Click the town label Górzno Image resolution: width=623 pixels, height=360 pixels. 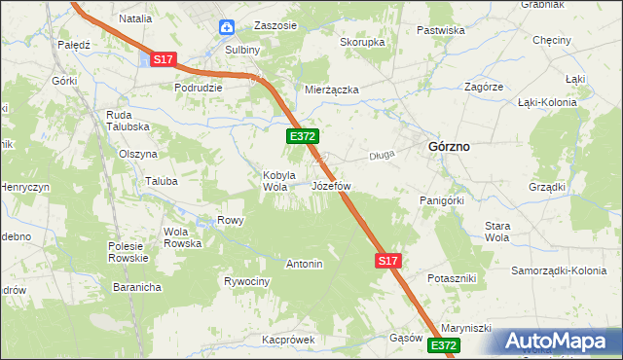click(449, 146)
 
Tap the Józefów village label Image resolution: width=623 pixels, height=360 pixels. click(331, 185)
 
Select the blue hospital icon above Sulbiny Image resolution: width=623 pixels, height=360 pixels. click(226, 28)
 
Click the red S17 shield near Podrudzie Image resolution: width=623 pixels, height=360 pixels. click(164, 59)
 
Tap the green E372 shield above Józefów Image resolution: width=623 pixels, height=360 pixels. click(300, 138)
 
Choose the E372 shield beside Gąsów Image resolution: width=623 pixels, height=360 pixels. click(442, 345)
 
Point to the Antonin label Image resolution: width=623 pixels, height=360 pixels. click(304, 264)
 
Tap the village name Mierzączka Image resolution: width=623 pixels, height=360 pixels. click(332, 90)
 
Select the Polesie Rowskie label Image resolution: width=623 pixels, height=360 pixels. click(127, 252)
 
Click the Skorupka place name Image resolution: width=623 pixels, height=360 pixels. click(362, 43)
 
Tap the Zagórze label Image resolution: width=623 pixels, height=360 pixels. click(484, 86)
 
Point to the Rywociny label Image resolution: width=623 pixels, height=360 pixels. click(246, 281)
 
